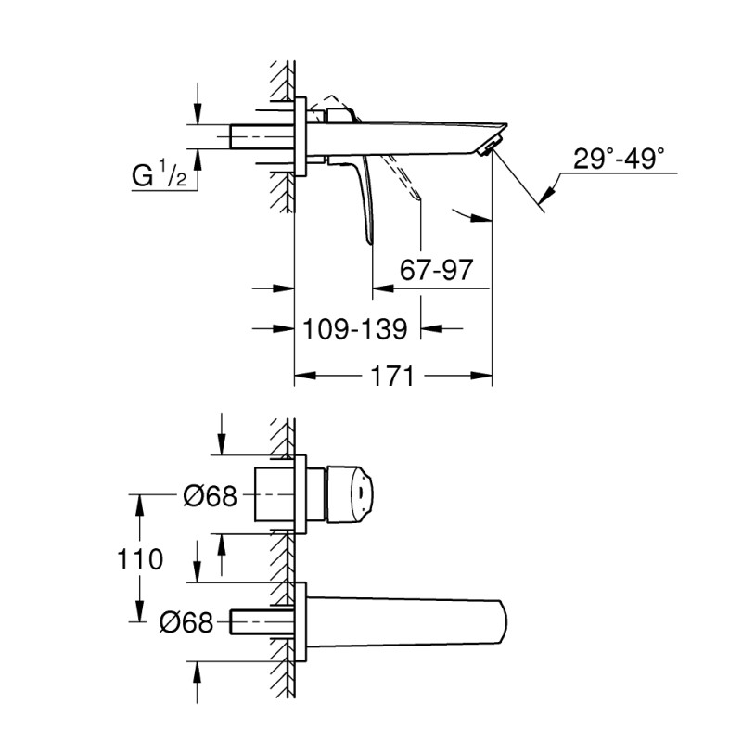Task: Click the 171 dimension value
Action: tap(392, 377)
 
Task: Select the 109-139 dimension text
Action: tap(356, 328)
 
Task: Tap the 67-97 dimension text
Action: tap(437, 271)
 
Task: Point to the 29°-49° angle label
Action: tap(619, 159)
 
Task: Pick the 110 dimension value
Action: tap(140, 559)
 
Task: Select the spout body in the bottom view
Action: tap(408, 620)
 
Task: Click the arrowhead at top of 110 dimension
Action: tap(140, 501)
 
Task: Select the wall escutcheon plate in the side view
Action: tap(301, 135)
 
